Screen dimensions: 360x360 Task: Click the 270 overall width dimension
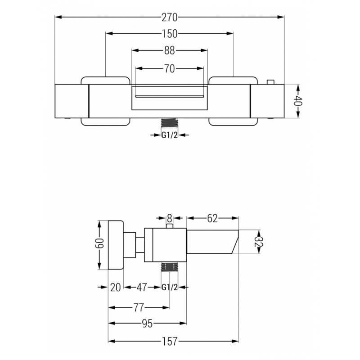pos(170,18)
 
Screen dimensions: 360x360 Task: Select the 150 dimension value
pos(170,34)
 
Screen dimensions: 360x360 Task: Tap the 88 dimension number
pos(170,50)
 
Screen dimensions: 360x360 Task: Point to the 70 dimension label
pos(170,68)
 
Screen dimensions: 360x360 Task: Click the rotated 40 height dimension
pos(298,101)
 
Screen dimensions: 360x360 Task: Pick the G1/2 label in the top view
pos(170,135)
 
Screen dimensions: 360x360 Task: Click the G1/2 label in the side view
pos(170,287)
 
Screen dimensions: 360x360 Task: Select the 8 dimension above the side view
pos(170,218)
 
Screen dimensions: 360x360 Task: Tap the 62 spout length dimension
pos(212,218)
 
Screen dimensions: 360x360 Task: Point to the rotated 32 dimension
pos(259,242)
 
